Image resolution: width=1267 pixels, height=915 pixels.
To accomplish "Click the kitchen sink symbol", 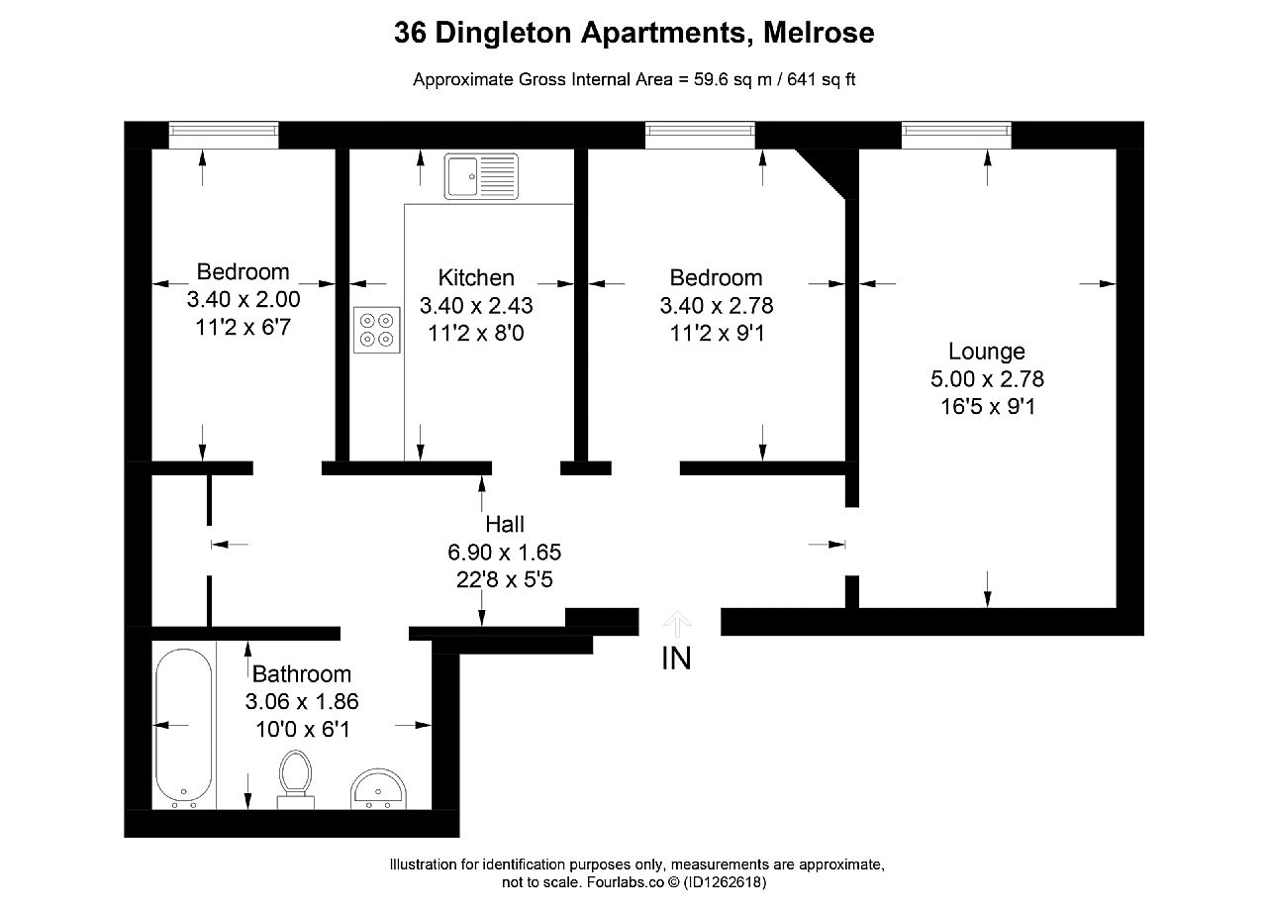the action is [x=481, y=176].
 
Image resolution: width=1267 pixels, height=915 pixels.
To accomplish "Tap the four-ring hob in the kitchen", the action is [x=377, y=330].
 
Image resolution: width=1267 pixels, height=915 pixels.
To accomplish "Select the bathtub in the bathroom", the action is [x=184, y=729].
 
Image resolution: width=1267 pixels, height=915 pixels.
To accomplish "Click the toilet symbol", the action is [x=295, y=779].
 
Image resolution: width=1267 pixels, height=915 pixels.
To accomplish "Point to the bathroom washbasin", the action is [x=378, y=789].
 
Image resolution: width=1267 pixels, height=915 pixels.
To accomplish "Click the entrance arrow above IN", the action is [x=677, y=624].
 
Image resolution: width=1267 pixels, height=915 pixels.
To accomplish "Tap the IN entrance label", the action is [x=676, y=659].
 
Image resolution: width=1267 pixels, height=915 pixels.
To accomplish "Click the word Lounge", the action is [x=987, y=352].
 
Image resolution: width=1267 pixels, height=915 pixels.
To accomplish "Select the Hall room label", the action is [x=505, y=525].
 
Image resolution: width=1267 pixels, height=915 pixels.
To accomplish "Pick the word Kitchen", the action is [x=476, y=278].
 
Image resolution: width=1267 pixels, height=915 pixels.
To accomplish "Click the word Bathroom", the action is [x=302, y=674].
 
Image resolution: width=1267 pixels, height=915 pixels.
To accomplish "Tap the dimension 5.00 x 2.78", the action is [x=987, y=379].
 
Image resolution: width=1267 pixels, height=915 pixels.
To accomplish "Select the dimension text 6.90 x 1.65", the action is [x=505, y=553].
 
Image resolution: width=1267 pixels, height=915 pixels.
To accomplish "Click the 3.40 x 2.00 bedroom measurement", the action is [x=244, y=299].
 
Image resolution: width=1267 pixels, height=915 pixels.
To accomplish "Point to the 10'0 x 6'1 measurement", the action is [x=303, y=730].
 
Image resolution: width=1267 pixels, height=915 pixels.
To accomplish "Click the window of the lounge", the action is [x=956, y=135].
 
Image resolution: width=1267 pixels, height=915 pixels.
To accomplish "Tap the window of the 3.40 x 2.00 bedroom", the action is [x=224, y=135].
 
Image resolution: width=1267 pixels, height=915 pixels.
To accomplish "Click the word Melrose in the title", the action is [x=819, y=33].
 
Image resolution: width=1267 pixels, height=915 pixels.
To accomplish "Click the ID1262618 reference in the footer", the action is [x=725, y=882].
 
